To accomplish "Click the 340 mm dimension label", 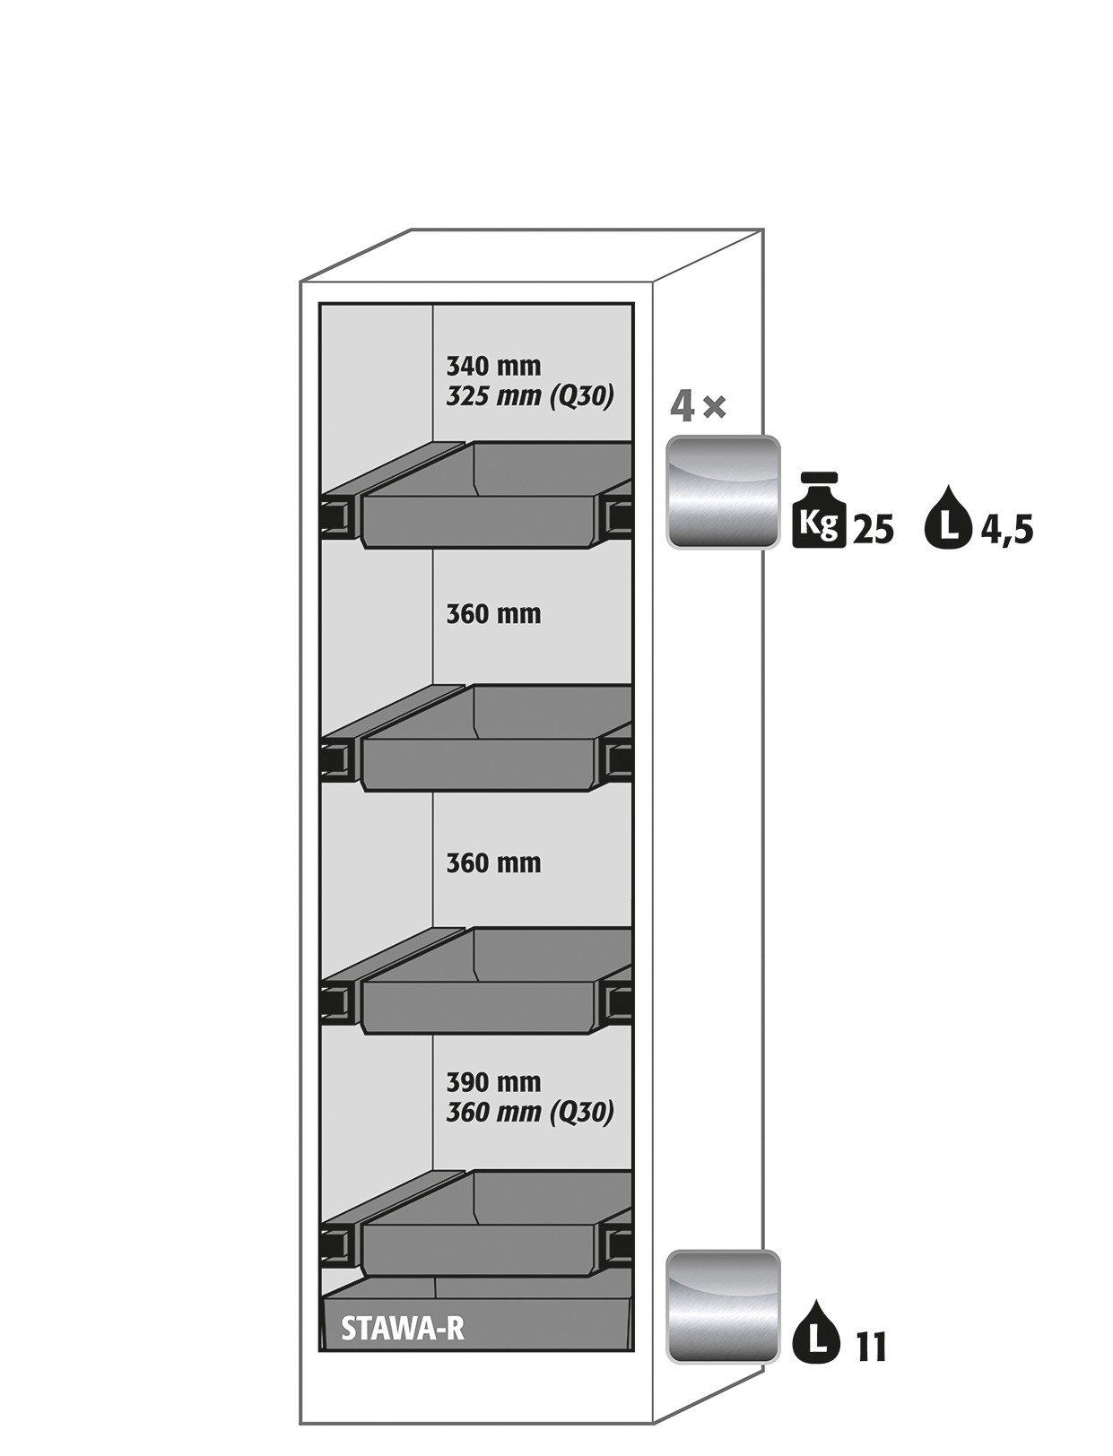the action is tap(493, 366).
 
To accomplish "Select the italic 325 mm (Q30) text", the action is tap(529, 396).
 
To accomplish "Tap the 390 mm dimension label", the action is tap(493, 1082).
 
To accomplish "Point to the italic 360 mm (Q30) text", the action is tap(529, 1113).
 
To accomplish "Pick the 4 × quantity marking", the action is tap(698, 407).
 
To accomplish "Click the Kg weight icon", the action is tap(819, 509).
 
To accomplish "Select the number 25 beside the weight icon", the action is tap(873, 530).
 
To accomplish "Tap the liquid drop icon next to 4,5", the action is tap(949, 517).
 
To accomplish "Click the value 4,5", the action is tap(1006, 531).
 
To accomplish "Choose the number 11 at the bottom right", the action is tap(871, 1347).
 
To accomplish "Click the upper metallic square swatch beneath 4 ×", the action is tap(723, 492).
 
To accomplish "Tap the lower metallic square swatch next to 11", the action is tap(723, 1307).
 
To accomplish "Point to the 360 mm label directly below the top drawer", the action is tap(493, 615).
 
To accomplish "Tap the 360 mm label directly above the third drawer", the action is tap(493, 863).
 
